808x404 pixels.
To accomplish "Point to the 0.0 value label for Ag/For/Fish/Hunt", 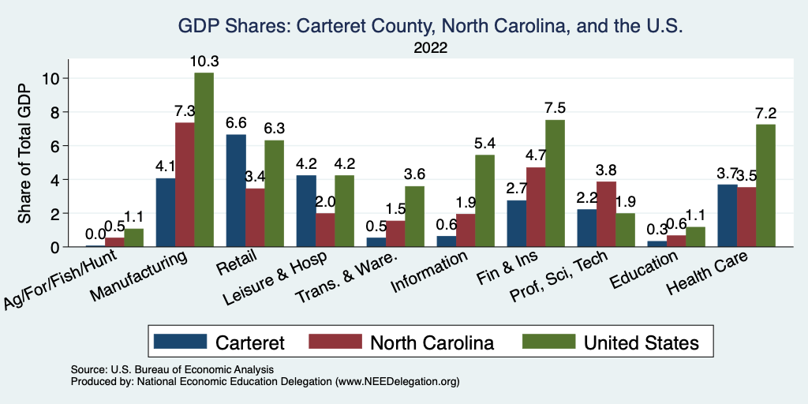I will pos(95,234).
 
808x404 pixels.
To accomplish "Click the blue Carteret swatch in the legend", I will pos(181,342).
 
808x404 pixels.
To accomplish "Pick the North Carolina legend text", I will pos(432,342).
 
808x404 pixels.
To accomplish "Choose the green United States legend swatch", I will pos(548,342).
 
